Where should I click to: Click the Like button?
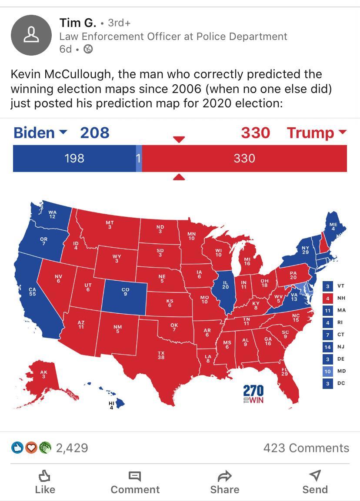pos(45,482)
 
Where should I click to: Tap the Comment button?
pos(135,482)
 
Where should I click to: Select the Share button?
pos(224,482)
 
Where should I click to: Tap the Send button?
pos(315,482)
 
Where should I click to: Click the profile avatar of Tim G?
pos(31,35)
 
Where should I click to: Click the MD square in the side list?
pos(328,371)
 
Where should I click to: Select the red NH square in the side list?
pos(328,298)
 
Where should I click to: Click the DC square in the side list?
pos(328,383)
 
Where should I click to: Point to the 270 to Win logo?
pos(253,394)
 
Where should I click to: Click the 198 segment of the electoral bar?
pos(74,158)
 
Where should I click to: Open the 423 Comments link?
pos(306,448)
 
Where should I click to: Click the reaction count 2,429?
pos(72,448)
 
